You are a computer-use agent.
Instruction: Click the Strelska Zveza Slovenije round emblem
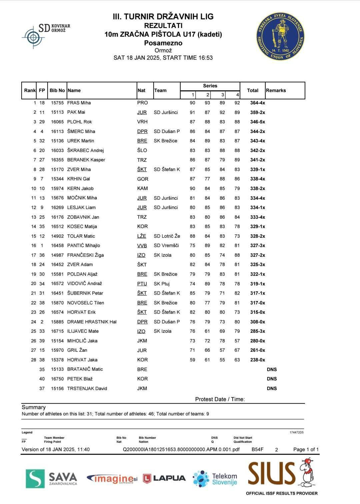(280, 37)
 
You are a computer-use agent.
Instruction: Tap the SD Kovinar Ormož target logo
(33, 37)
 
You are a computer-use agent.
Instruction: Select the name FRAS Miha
(79, 103)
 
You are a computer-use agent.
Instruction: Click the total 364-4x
(258, 103)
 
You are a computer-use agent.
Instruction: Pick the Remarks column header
(276, 90)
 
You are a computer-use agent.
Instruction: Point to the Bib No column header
(57, 90)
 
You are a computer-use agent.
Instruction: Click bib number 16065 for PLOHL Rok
(57, 122)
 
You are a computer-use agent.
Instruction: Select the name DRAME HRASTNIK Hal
(92, 322)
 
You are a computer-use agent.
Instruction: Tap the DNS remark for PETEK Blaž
(272, 379)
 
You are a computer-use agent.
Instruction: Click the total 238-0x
(258, 360)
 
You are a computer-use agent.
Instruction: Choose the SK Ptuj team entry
(162, 284)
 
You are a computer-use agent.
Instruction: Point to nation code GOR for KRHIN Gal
(143, 179)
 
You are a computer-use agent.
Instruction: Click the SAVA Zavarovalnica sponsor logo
(52, 478)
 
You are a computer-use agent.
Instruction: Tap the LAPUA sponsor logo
(164, 478)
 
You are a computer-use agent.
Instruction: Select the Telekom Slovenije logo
(215, 479)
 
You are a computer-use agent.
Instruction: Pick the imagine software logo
(112, 479)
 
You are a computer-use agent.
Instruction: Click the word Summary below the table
(34, 407)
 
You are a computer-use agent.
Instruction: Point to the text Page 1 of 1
(306, 449)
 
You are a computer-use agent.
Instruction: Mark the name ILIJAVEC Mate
(83, 331)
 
